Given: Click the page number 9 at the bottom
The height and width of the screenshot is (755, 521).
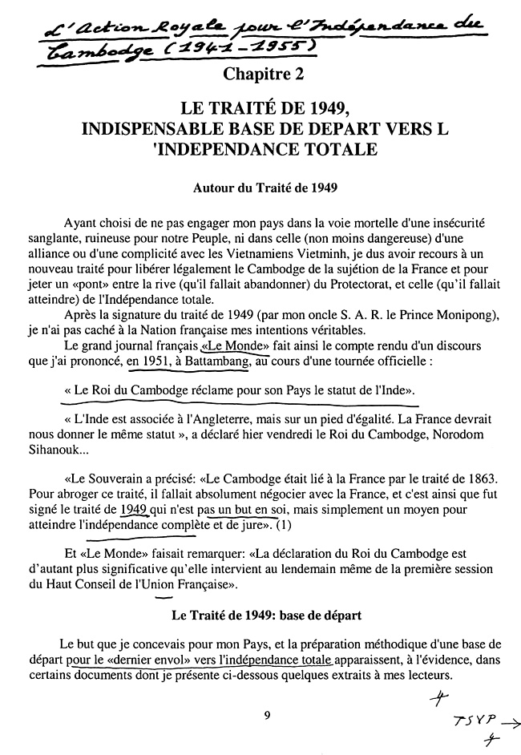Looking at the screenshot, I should pyautogui.click(x=267, y=715).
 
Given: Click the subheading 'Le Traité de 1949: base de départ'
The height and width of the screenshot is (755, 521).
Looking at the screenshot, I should pyautogui.click(x=266, y=616).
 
